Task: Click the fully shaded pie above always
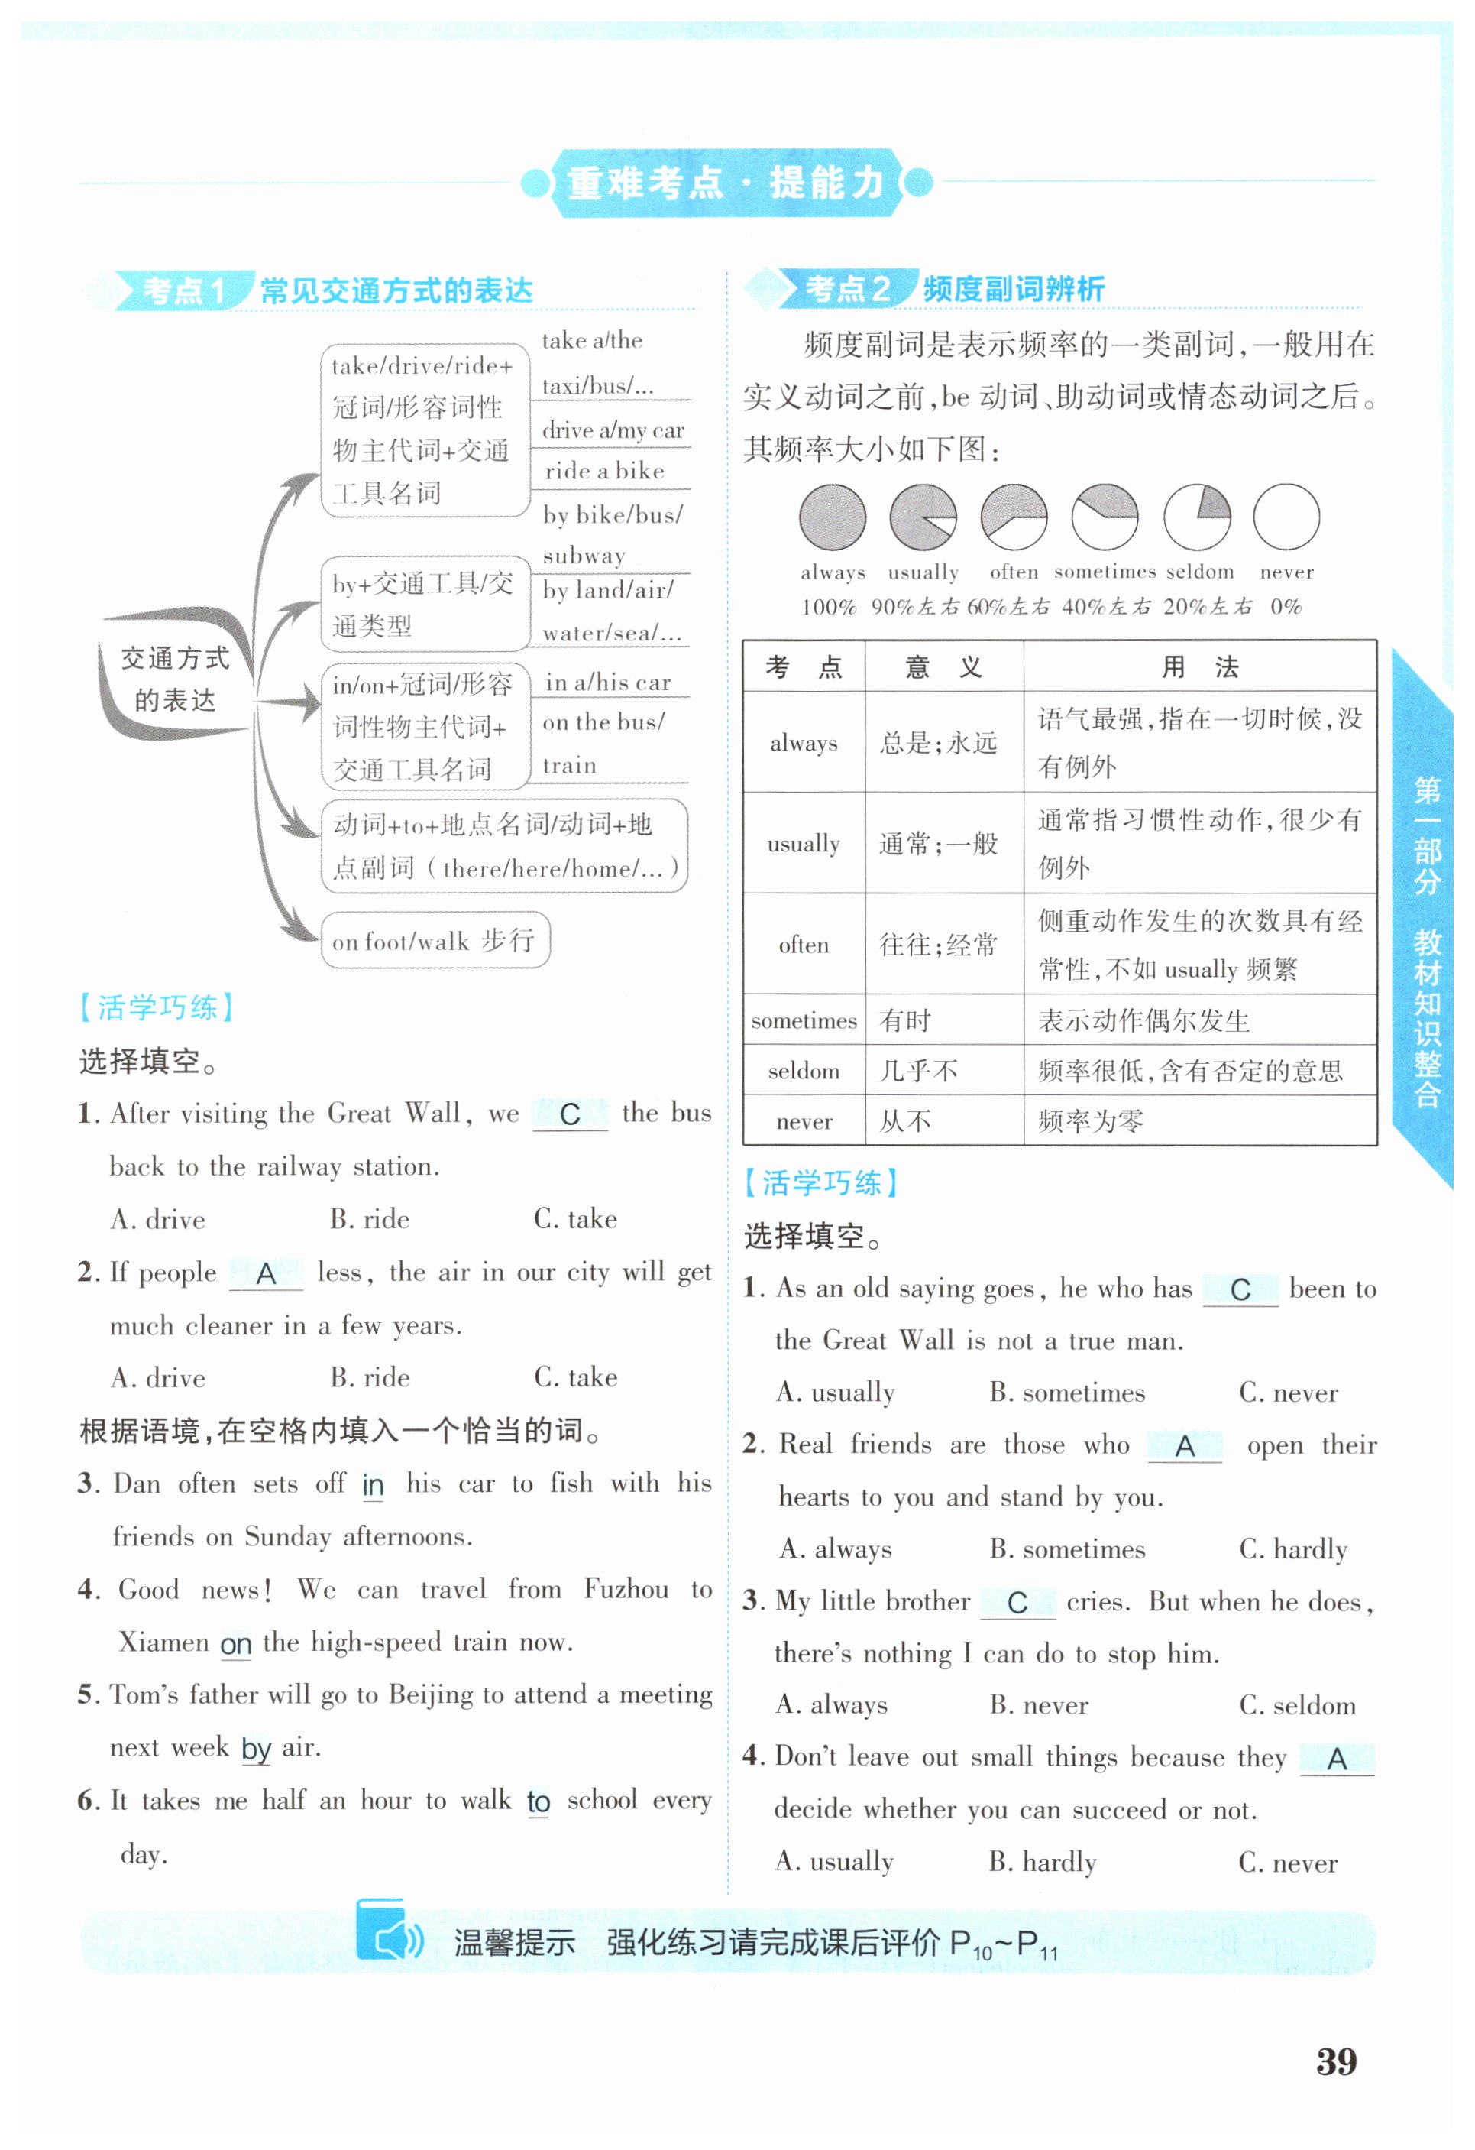click(833, 517)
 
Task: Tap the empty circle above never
click(1286, 517)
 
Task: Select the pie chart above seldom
click(1197, 517)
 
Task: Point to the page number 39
click(1336, 2061)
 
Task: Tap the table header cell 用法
click(1199, 667)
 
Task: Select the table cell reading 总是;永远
click(940, 743)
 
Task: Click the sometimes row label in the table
click(804, 1021)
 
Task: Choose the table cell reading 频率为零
click(1092, 1122)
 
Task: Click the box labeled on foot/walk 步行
click(435, 941)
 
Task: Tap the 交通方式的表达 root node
click(175, 679)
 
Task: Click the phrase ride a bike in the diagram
click(605, 471)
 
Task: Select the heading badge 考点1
click(183, 290)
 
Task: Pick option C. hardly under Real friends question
click(1293, 1549)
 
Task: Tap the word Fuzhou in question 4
click(626, 1589)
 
